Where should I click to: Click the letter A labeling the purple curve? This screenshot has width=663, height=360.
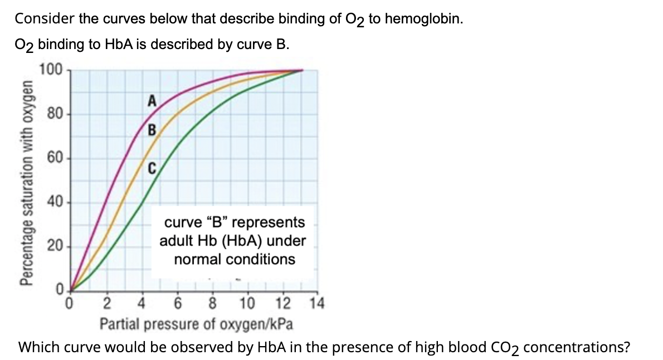[151, 101]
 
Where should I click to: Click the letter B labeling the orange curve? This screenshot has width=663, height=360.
[151, 132]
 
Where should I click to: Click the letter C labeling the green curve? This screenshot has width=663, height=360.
[151, 167]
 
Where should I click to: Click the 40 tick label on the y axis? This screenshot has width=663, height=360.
[54, 202]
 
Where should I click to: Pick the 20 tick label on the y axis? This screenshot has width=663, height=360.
[54, 246]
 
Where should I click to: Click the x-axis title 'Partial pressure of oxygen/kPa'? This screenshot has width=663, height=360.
[197, 324]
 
